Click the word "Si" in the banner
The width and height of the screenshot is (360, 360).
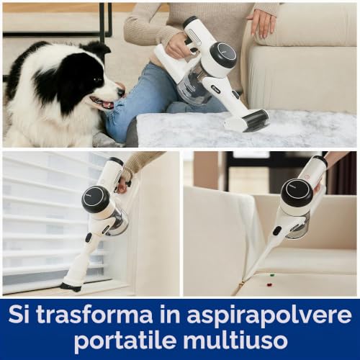[19, 315]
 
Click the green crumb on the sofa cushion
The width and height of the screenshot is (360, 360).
[272, 274]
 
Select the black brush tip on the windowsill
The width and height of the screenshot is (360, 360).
[70, 287]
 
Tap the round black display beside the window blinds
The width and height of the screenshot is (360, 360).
[96, 199]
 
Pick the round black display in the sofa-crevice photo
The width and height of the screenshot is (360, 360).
[298, 192]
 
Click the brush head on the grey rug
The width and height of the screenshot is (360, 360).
[246, 122]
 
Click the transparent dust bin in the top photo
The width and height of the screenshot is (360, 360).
[192, 85]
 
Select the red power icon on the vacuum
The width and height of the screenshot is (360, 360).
[307, 177]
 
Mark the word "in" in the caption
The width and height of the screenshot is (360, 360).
[170, 315]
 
